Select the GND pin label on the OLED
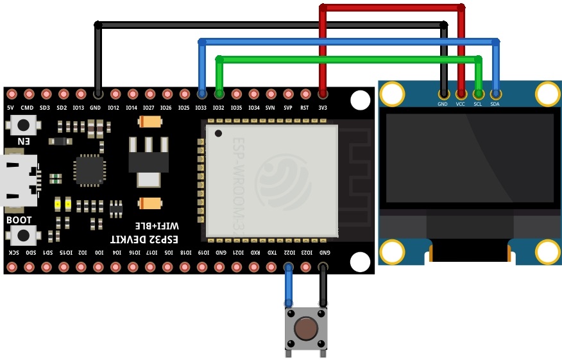(443, 104)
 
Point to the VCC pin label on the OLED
(461, 104)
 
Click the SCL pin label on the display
(478, 104)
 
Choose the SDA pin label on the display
(495, 104)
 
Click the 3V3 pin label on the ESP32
(323, 108)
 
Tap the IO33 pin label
(201, 108)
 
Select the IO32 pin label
(219, 108)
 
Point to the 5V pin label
(11, 108)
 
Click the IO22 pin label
(289, 253)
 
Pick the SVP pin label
(288, 108)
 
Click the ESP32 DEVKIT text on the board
(142, 239)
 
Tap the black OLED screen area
(469, 159)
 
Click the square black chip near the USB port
(88, 170)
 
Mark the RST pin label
(305, 108)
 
